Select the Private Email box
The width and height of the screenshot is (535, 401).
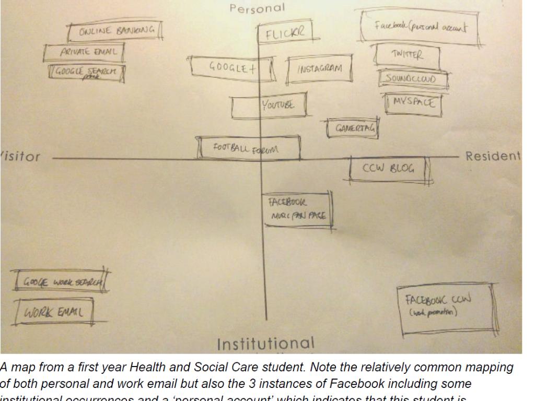85,52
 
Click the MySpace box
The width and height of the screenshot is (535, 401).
412,104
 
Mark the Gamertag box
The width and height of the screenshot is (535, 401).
352,128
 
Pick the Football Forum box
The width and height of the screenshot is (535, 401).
249,148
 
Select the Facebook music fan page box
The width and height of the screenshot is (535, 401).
298,210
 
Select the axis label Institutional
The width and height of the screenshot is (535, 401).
266,344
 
